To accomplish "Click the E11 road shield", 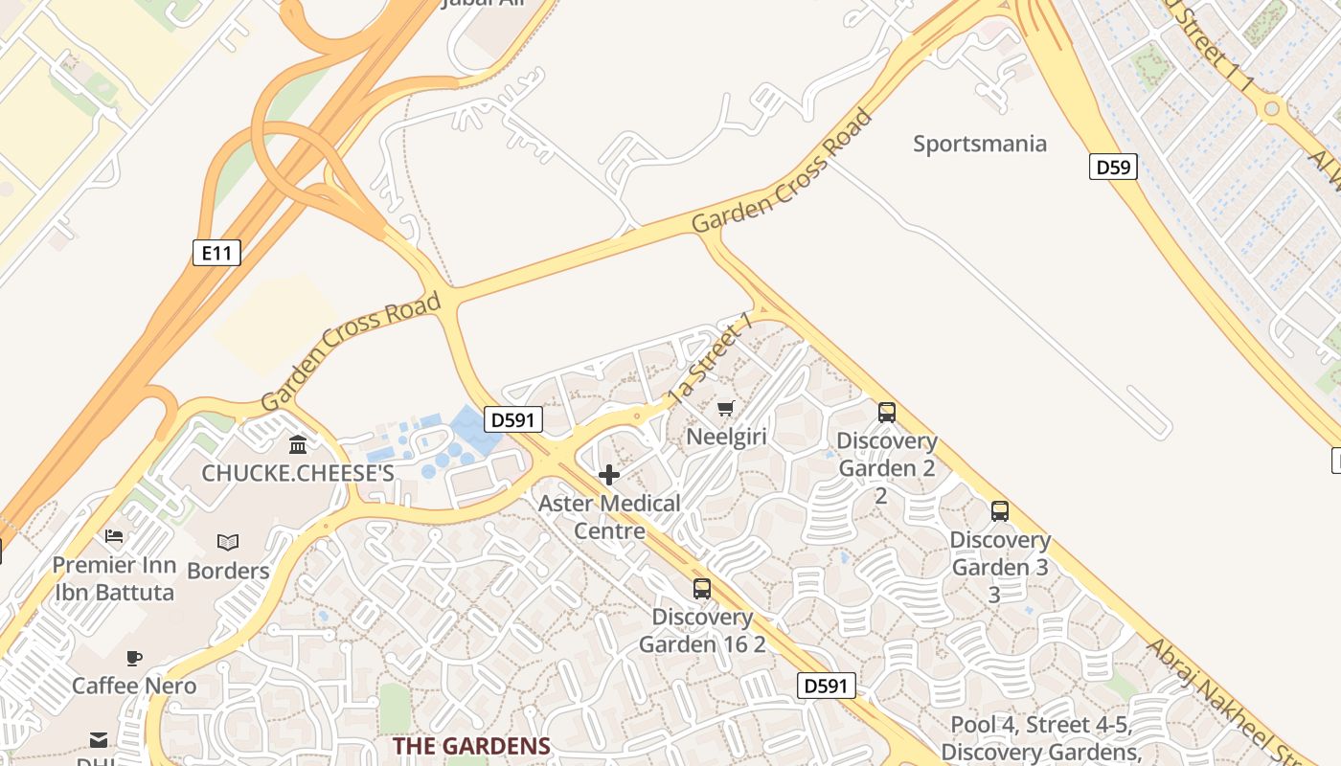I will coord(216,253).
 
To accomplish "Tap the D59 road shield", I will coord(1113,168).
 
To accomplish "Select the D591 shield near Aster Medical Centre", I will coord(513,419).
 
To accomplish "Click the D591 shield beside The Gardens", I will coord(826,685).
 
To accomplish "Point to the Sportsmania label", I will coord(979,145).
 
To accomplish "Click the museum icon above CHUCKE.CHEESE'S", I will coord(298,445).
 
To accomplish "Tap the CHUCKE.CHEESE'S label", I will coord(298,473).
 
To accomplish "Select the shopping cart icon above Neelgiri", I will coord(725,409).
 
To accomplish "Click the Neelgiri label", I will coord(726,438).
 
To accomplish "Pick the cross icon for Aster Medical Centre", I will coord(608,475).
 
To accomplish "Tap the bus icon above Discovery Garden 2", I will coord(887,413).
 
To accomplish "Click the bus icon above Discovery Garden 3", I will coord(1000,511).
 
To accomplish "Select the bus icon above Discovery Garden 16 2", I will coord(702,589).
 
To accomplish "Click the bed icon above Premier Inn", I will coord(114,536).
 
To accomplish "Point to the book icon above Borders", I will coord(227,543).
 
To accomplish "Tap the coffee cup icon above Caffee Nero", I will coord(134,658).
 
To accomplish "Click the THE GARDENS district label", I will coord(471,746).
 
